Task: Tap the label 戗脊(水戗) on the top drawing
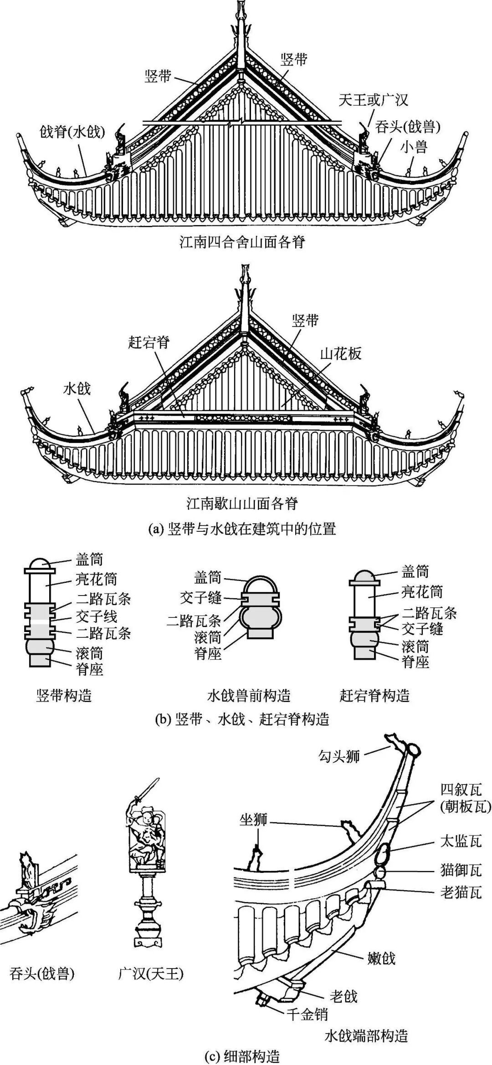72,132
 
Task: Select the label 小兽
414,147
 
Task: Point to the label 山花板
341,353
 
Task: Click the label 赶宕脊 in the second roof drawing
149,342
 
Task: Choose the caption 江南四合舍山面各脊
242,242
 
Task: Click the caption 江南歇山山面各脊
242,504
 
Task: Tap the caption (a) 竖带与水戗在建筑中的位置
242,529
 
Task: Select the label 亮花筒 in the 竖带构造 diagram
96,579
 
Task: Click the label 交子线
96,617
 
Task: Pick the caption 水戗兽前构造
249,696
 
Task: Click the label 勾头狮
339,756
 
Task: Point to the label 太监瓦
461,841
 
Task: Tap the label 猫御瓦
461,870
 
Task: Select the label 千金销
307,1014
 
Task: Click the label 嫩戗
381,958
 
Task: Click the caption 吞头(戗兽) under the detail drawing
42,973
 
